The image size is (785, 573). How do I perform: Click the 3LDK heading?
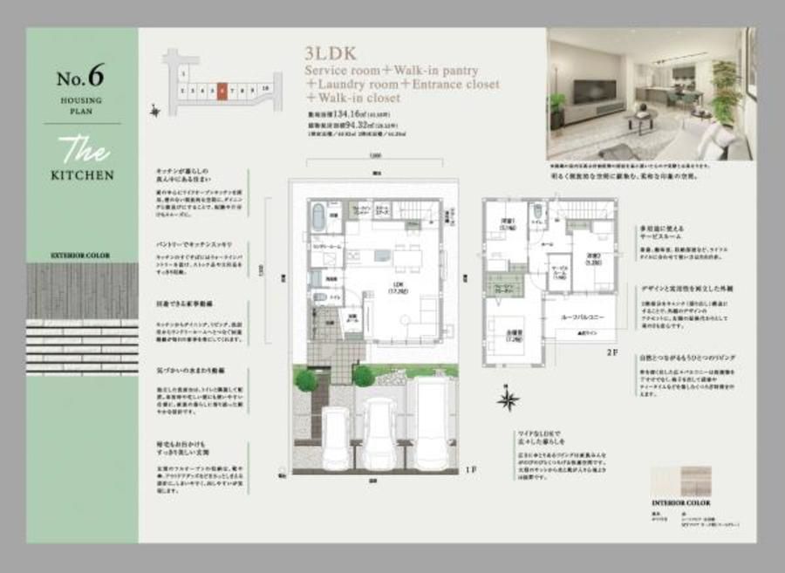331,51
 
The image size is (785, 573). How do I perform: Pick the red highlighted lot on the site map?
224,89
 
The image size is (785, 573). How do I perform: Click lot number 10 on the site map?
263,89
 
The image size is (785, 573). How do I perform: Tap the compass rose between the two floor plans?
508,401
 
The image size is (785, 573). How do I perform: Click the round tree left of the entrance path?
305,379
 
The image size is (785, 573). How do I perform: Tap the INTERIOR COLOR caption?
681,503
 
